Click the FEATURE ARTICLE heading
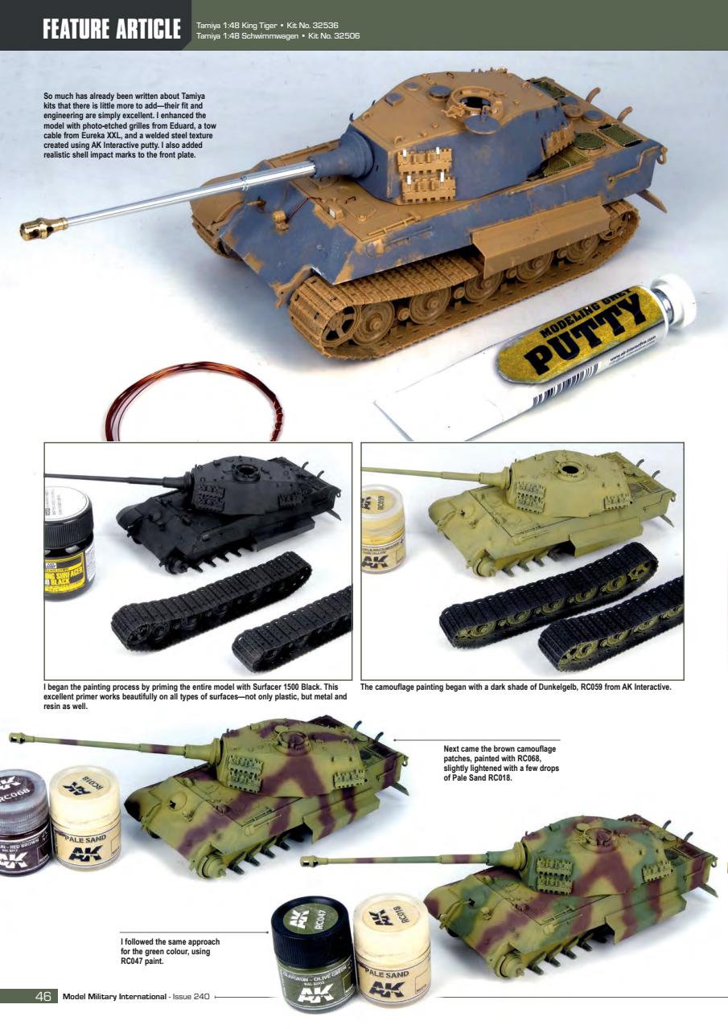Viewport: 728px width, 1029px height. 112,29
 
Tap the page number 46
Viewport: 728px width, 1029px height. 43,997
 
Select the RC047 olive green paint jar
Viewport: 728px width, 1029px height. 312,953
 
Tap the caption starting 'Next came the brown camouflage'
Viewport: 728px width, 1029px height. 500,763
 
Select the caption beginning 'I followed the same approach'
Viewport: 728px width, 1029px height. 170,951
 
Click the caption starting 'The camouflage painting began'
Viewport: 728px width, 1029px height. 516,687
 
